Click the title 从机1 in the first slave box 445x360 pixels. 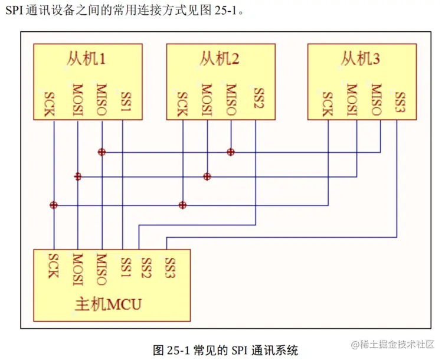tap(86, 59)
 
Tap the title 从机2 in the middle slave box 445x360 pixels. tap(219, 59)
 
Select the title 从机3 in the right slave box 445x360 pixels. tap(360, 59)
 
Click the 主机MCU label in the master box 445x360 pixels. tap(109, 305)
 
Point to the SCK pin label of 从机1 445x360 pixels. tap(50, 104)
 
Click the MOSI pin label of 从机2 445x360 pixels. tap(206, 100)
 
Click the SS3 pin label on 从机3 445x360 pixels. tap(400, 102)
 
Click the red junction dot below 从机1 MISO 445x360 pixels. tap(102, 152)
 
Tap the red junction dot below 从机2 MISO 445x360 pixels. tap(231, 152)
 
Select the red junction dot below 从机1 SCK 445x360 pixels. tap(54, 205)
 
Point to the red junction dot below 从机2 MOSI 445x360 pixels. tap(207, 176)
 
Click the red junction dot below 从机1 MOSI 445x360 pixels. tap(77, 176)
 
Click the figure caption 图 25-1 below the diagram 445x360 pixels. tap(225, 349)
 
